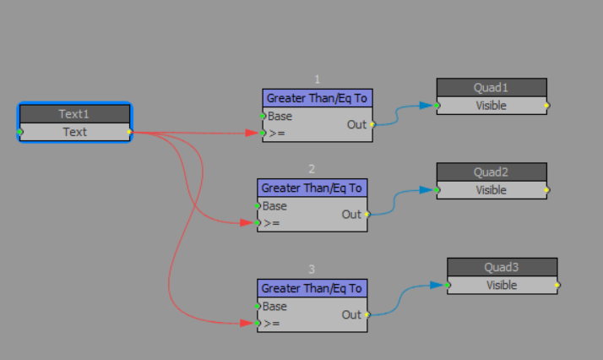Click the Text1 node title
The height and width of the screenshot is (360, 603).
click(x=74, y=114)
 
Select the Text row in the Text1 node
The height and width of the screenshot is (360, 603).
click(x=74, y=132)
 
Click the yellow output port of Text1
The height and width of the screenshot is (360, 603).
click(x=129, y=132)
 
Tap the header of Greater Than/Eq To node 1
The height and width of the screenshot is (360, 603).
click(x=317, y=98)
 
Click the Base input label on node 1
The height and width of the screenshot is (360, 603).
click(x=280, y=116)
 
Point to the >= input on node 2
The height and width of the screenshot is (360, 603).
click(x=271, y=223)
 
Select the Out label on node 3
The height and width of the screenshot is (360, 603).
click(x=351, y=314)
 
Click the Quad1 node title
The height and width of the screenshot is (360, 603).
click(x=491, y=88)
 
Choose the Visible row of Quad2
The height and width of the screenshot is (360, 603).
click(x=491, y=190)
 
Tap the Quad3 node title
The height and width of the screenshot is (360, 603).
click(x=502, y=267)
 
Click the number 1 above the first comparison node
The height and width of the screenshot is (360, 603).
click(x=317, y=79)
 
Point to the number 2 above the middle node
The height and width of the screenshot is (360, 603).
click(x=312, y=169)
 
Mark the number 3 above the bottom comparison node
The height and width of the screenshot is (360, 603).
click(x=312, y=270)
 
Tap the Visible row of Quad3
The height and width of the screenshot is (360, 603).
click(x=502, y=285)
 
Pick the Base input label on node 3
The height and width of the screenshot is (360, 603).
click(x=274, y=306)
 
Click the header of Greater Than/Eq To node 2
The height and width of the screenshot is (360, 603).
click(x=312, y=188)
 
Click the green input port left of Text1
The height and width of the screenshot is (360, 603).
click(x=20, y=132)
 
